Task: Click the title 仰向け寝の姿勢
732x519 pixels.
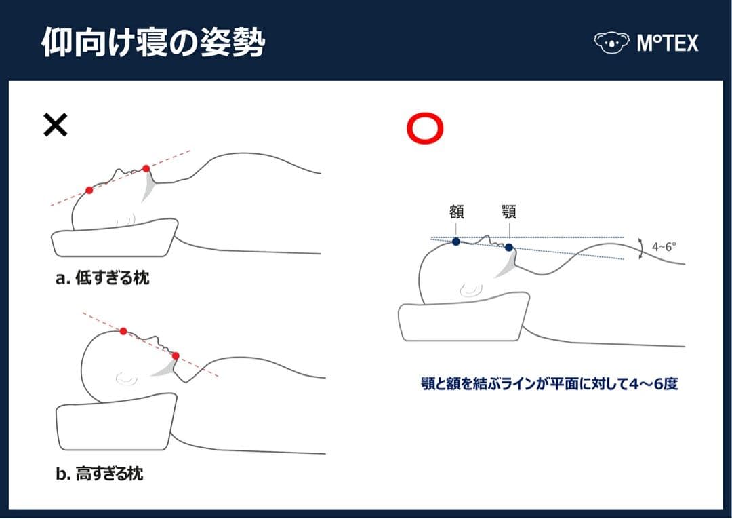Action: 152,43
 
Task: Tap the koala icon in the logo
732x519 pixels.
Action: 611,43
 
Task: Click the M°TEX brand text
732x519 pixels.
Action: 667,43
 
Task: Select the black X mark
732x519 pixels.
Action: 56,125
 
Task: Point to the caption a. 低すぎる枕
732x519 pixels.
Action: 102,278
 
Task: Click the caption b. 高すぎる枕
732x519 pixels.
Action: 100,474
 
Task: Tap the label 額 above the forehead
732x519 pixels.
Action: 456,212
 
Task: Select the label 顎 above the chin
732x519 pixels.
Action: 509,212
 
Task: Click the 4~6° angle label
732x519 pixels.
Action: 664,247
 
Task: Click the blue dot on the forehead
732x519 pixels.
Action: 456,241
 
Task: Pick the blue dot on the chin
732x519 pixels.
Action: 509,248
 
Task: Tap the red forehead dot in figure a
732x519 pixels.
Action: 89,190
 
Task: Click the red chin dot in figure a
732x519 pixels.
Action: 146,168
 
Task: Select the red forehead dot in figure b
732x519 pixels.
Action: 123,331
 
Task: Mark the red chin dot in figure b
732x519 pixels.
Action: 176,355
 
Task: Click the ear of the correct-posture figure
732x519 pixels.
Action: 470,290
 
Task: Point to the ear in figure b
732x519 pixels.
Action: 125,377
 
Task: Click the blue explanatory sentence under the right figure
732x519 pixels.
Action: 549,384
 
